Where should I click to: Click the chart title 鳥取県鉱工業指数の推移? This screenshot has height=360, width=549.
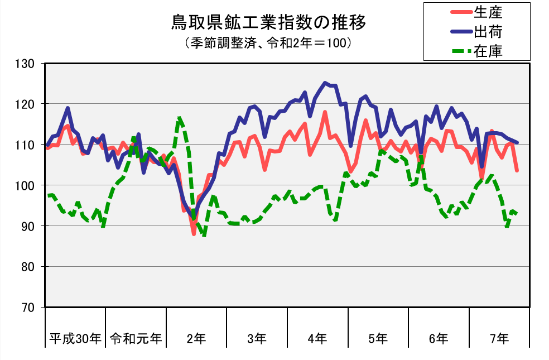point(268,23)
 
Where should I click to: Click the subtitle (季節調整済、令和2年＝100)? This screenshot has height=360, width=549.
point(268,43)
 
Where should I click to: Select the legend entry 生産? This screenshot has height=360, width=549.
point(488,11)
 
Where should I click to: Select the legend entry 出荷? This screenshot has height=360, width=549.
point(488,31)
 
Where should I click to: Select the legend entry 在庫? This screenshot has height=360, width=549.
point(488,51)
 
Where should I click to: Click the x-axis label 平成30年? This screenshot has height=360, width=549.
point(75,338)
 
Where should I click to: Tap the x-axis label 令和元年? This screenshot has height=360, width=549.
point(136,338)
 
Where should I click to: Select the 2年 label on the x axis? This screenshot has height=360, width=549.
point(196,338)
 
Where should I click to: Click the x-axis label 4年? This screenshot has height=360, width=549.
point(317,338)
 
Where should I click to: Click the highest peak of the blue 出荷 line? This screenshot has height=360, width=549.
point(325,83)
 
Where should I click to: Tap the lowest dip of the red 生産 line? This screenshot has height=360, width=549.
point(194,234)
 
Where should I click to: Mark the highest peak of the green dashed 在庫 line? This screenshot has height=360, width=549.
point(179,118)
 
